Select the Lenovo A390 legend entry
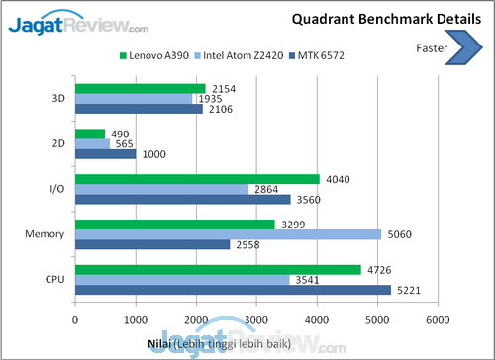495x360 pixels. tap(154, 56)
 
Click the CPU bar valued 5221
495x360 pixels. tap(233, 291)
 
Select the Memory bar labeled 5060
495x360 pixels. tap(228, 234)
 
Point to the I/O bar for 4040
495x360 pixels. tap(198, 179)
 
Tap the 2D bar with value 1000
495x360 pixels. tap(106, 153)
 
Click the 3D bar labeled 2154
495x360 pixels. tap(141, 88)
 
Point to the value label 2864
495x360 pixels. tap(265, 188)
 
